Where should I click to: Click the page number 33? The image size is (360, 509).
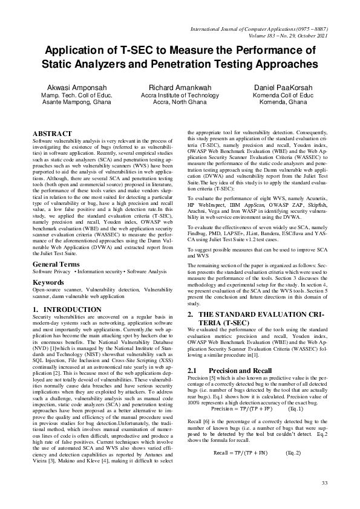click(x=324, y=482)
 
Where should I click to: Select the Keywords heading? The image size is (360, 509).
click(x=48, y=282)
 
